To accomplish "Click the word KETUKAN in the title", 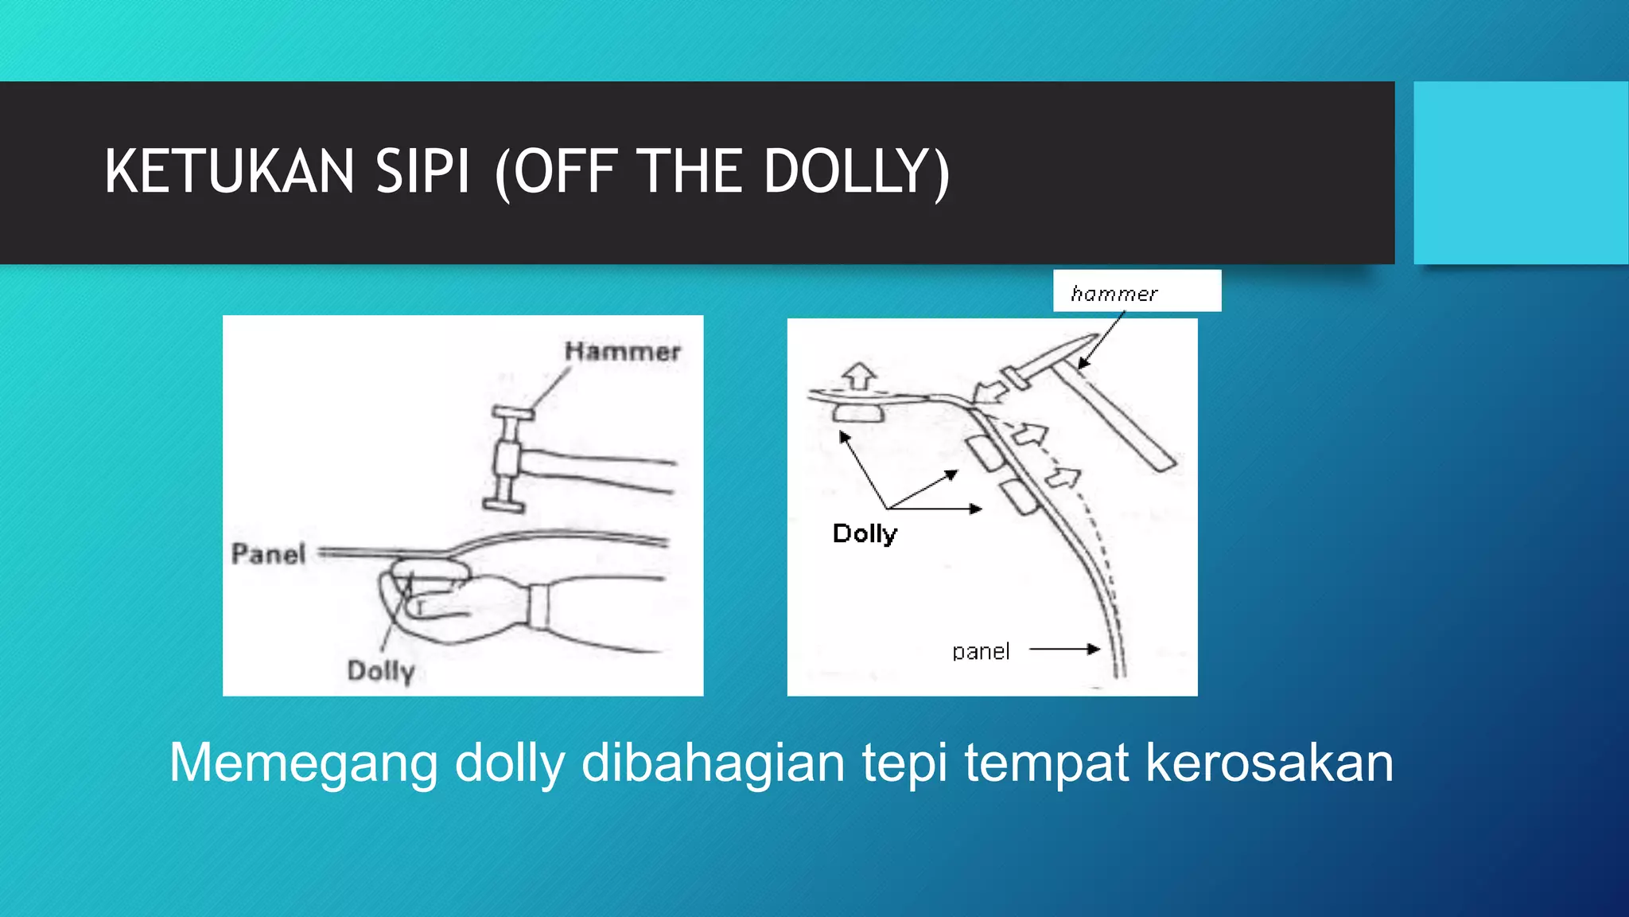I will tap(229, 172).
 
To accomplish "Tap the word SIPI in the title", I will tap(422, 172).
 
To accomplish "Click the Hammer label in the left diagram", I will tap(622, 351).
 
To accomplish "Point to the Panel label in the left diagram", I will tap(268, 553).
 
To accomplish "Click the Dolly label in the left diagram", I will tap(381, 671).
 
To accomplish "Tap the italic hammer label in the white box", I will tap(1114, 294).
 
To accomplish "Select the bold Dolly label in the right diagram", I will tap(865, 533).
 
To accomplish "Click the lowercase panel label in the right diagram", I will tap(981, 652).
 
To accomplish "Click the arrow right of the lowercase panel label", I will tap(1064, 650).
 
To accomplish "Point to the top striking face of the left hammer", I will tap(512, 412).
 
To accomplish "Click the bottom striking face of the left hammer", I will tap(503, 505).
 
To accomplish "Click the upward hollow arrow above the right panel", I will tap(858, 375).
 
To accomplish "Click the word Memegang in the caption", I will tap(303, 763).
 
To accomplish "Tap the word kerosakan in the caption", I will tap(1269, 763).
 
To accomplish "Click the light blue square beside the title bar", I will tap(1521, 172).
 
